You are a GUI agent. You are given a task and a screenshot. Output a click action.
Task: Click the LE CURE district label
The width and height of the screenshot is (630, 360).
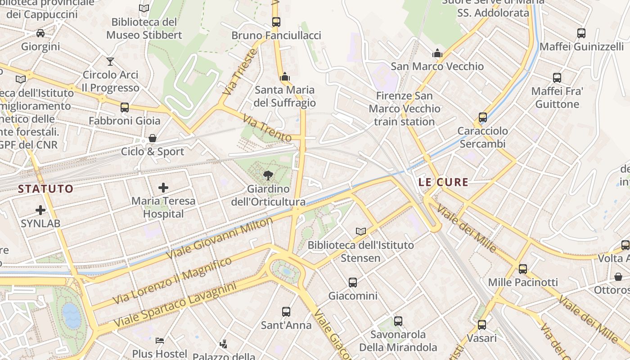tap(443, 182)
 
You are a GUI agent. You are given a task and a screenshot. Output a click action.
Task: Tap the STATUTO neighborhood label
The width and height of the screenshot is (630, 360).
tap(45, 189)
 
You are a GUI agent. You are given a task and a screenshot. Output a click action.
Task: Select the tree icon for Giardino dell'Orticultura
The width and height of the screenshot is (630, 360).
tap(268, 175)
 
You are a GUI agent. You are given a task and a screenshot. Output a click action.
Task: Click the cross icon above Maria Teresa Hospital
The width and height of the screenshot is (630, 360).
tap(163, 188)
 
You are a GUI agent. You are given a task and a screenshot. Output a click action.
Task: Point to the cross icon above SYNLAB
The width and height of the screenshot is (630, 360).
tap(40, 210)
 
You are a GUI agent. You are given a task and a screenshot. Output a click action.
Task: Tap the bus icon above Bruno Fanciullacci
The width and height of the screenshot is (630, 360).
tap(276, 22)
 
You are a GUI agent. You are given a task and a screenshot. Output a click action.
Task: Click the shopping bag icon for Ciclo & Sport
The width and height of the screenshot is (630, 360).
tap(153, 138)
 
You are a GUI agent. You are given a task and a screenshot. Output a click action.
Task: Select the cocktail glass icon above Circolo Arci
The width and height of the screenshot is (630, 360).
tap(110, 61)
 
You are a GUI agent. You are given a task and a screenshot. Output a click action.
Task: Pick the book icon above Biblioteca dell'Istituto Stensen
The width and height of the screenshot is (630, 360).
tap(360, 231)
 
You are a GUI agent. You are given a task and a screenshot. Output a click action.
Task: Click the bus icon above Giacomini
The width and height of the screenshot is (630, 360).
tap(353, 283)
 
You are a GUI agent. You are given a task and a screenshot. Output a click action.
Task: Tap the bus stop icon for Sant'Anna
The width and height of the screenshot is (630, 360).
tap(286, 311)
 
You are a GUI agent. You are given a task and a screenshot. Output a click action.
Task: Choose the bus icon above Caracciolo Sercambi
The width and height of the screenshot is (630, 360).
tap(483, 117)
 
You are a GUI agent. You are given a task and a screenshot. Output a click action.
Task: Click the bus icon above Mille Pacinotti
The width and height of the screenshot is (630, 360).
tap(522, 269)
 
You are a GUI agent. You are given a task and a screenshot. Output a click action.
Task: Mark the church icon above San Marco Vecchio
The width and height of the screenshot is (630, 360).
tap(437, 53)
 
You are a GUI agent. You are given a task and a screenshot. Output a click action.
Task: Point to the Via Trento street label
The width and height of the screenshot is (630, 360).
tap(267, 128)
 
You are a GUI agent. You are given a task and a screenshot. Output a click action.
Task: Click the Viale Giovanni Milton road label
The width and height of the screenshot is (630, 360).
tap(220, 238)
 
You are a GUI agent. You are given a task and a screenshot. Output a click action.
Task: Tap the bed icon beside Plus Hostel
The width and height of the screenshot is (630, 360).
tap(159, 340)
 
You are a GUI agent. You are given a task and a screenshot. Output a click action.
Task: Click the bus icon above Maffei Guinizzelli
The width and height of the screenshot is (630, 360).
tap(581, 33)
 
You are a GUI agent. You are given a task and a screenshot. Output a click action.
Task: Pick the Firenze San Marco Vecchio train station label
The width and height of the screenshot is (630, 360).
tap(405, 108)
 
